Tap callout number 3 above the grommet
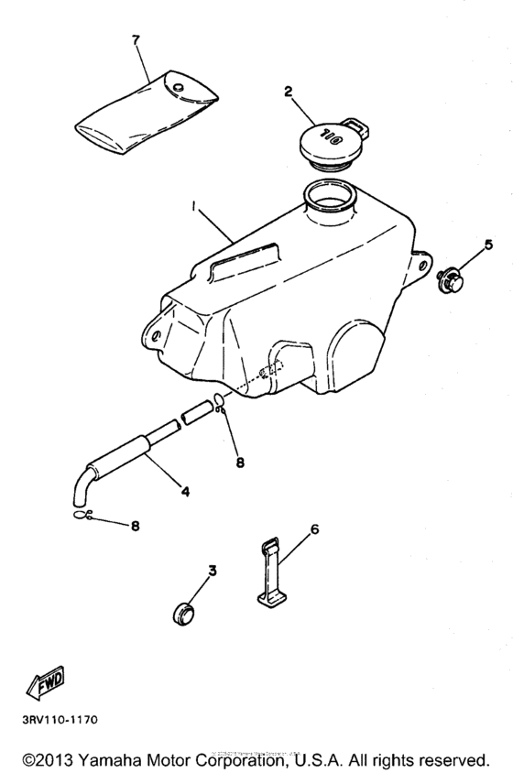pyautogui.click(x=213, y=572)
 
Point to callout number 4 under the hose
pyautogui.click(x=185, y=491)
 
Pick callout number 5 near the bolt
pyautogui.click(x=488, y=245)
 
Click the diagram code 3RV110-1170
pyautogui.click(x=54, y=719)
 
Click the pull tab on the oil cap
pyautogui.click(x=357, y=122)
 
